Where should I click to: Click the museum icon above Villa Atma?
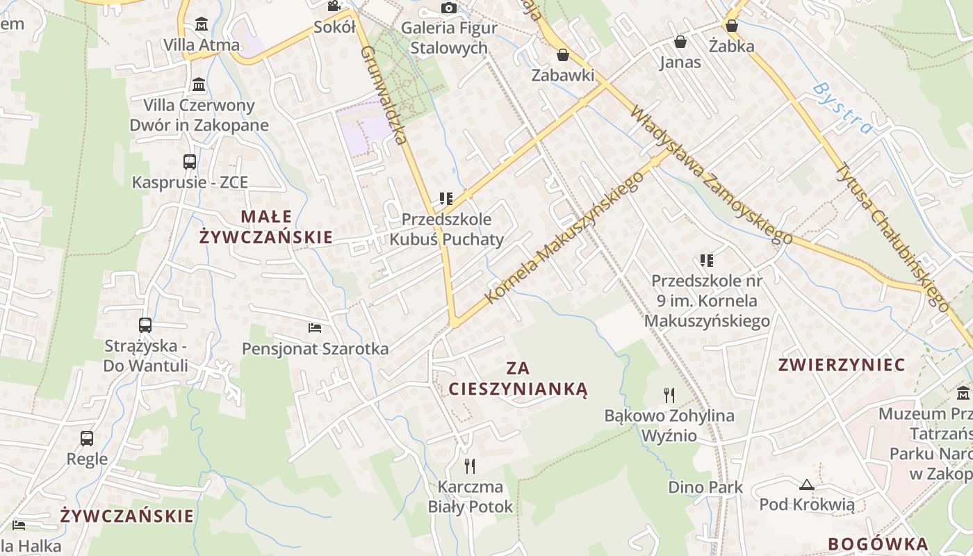pyautogui.click(x=202, y=24)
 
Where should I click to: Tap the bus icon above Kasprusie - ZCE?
pyautogui.click(x=190, y=162)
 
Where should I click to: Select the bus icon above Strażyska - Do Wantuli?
pyautogui.click(x=145, y=325)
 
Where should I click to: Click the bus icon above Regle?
pyautogui.click(x=87, y=439)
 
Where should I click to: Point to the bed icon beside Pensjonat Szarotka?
pyautogui.click(x=315, y=327)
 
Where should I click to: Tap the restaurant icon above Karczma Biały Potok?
pyautogui.click(x=471, y=466)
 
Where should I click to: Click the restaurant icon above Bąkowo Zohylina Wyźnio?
pyautogui.click(x=669, y=395)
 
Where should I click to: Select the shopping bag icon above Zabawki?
pyautogui.click(x=563, y=54)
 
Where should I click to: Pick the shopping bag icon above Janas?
pyautogui.click(x=680, y=42)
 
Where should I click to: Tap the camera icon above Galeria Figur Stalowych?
pyautogui.click(x=450, y=8)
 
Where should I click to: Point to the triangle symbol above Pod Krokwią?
pyautogui.click(x=807, y=484)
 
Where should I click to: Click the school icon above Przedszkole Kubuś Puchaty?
pyautogui.click(x=446, y=199)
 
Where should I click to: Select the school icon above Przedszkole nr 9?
pyautogui.click(x=707, y=261)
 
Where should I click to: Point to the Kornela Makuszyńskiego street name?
pyautogui.click(x=564, y=238)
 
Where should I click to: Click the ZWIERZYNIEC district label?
pyautogui.click(x=842, y=365)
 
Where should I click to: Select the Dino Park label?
pyautogui.click(x=705, y=487)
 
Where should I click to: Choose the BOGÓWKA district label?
pyautogui.click(x=878, y=544)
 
